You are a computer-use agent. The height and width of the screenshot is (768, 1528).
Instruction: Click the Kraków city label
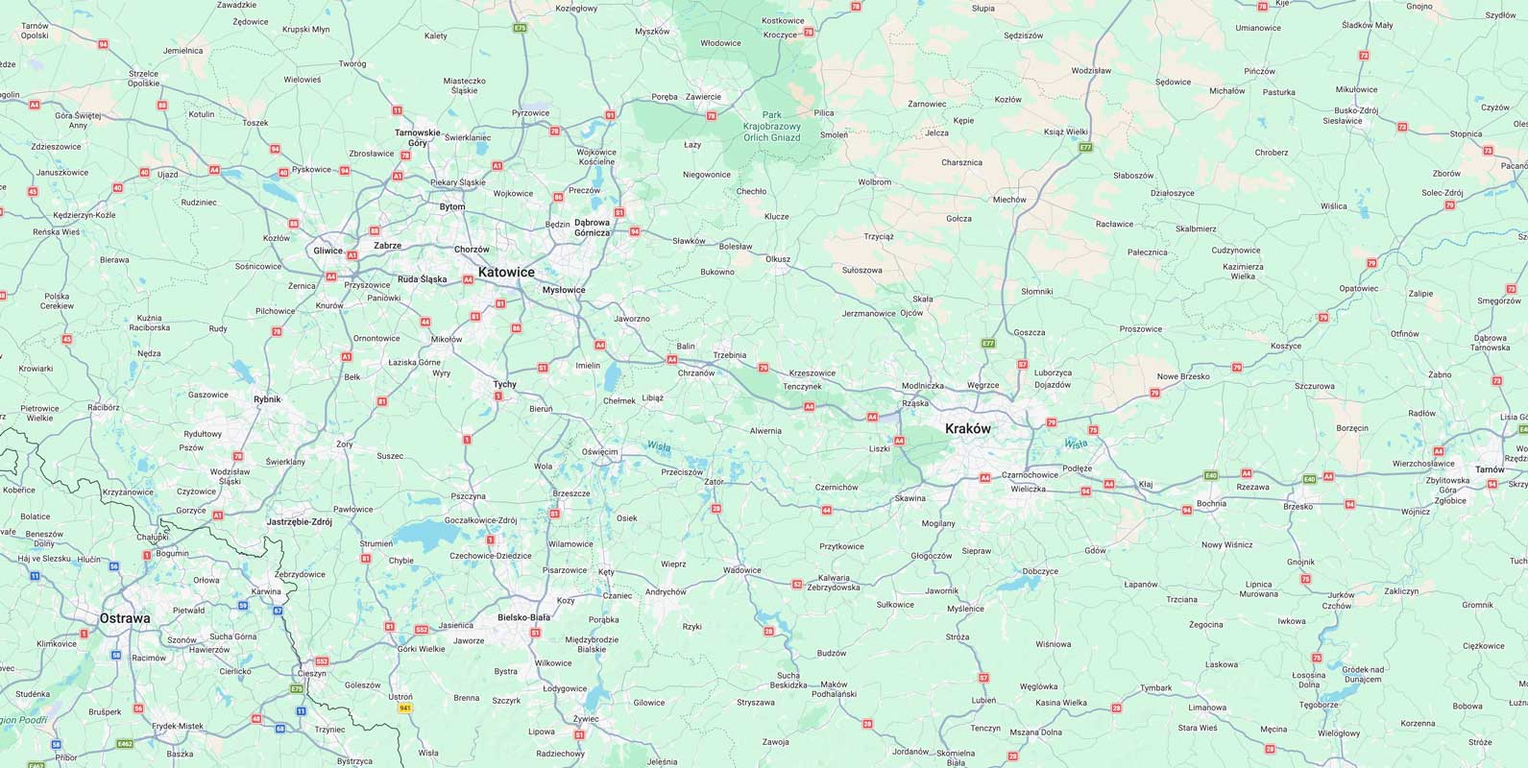tap(967, 429)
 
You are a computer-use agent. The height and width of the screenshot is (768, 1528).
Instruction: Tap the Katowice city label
tap(506, 273)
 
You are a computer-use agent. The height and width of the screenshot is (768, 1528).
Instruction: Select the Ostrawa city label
tap(125, 618)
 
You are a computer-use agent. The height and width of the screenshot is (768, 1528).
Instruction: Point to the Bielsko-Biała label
tap(524, 617)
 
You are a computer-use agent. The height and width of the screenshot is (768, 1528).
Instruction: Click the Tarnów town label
tap(1490, 469)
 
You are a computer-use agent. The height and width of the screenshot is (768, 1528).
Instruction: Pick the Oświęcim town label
tap(600, 451)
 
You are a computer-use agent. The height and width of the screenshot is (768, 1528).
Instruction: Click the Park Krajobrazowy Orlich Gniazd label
tap(771, 126)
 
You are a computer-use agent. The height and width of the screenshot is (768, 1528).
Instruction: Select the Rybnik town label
tap(267, 399)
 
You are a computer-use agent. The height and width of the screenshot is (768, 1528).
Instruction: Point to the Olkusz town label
tap(778, 259)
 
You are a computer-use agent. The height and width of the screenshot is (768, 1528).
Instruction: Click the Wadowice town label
tap(741, 570)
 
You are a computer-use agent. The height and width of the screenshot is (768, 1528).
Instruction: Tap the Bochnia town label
tap(1211, 503)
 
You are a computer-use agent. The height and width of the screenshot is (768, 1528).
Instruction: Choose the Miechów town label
tap(1009, 200)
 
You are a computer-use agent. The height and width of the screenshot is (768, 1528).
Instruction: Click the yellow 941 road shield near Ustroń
tap(405, 708)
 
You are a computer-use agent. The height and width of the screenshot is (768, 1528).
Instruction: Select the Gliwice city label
tap(327, 251)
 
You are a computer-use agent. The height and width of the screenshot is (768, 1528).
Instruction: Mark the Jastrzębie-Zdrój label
tap(299, 522)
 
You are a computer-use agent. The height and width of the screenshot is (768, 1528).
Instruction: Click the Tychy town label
tap(504, 384)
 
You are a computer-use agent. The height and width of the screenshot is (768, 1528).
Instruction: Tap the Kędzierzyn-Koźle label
tap(85, 215)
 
